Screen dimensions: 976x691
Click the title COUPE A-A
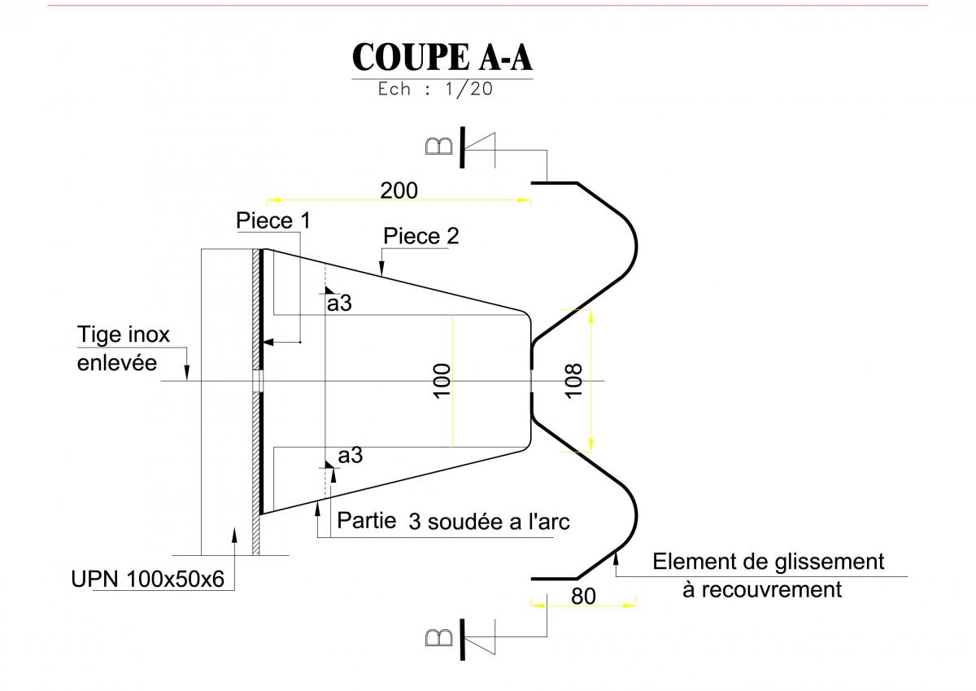click(442, 57)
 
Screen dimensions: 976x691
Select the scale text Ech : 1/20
click(435, 89)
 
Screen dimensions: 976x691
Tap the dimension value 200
click(399, 190)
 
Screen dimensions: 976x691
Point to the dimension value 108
click(573, 381)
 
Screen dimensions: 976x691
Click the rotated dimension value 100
click(442, 381)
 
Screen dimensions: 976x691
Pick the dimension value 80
click(583, 597)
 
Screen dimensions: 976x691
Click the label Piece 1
click(273, 221)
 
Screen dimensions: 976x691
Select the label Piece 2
click(421, 236)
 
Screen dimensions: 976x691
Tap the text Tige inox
click(124, 335)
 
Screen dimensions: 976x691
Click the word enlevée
click(117, 363)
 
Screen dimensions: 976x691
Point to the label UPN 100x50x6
click(147, 579)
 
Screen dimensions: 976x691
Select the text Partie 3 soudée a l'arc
click(453, 521)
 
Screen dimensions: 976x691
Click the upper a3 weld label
click(339, 304)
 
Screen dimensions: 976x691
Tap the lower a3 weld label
click(350, 456)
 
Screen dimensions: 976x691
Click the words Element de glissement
click(768, 562)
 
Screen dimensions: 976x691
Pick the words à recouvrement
click(762, 590)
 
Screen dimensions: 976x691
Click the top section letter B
click(438, 147)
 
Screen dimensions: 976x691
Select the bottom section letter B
click(438, 638)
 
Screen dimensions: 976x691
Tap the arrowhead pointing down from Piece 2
click(381, 268)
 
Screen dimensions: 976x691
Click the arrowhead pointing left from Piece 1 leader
click(268, 342)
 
